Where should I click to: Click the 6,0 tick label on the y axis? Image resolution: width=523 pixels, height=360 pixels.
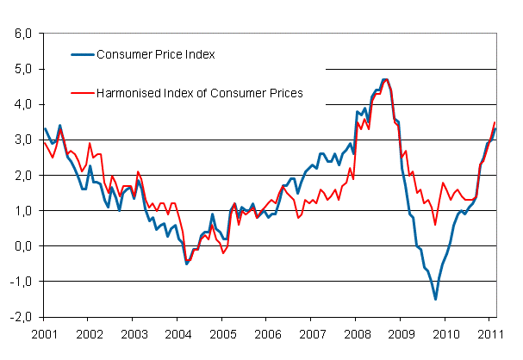pyautogui.click(x=21, y=34)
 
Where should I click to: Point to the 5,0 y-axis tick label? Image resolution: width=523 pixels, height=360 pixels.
pyautogui.click(x=21, y=69)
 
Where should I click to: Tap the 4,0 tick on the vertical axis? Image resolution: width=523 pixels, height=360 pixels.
pyautogui.click(x=21, y=104)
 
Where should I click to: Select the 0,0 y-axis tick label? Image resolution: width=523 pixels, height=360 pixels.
pyautogui.click(x=21, y=245)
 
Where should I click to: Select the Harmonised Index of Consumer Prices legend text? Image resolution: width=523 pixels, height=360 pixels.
pyautogui.click(x=201, y=93)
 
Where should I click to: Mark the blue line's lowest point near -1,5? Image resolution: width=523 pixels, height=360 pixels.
pyautogui.click(x=435, y=299)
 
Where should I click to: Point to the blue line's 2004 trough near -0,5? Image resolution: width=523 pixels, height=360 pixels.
pyautogui.click(x=187, y=263)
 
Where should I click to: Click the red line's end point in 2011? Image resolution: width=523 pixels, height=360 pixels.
pyautogui.click(x=495, y=122)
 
